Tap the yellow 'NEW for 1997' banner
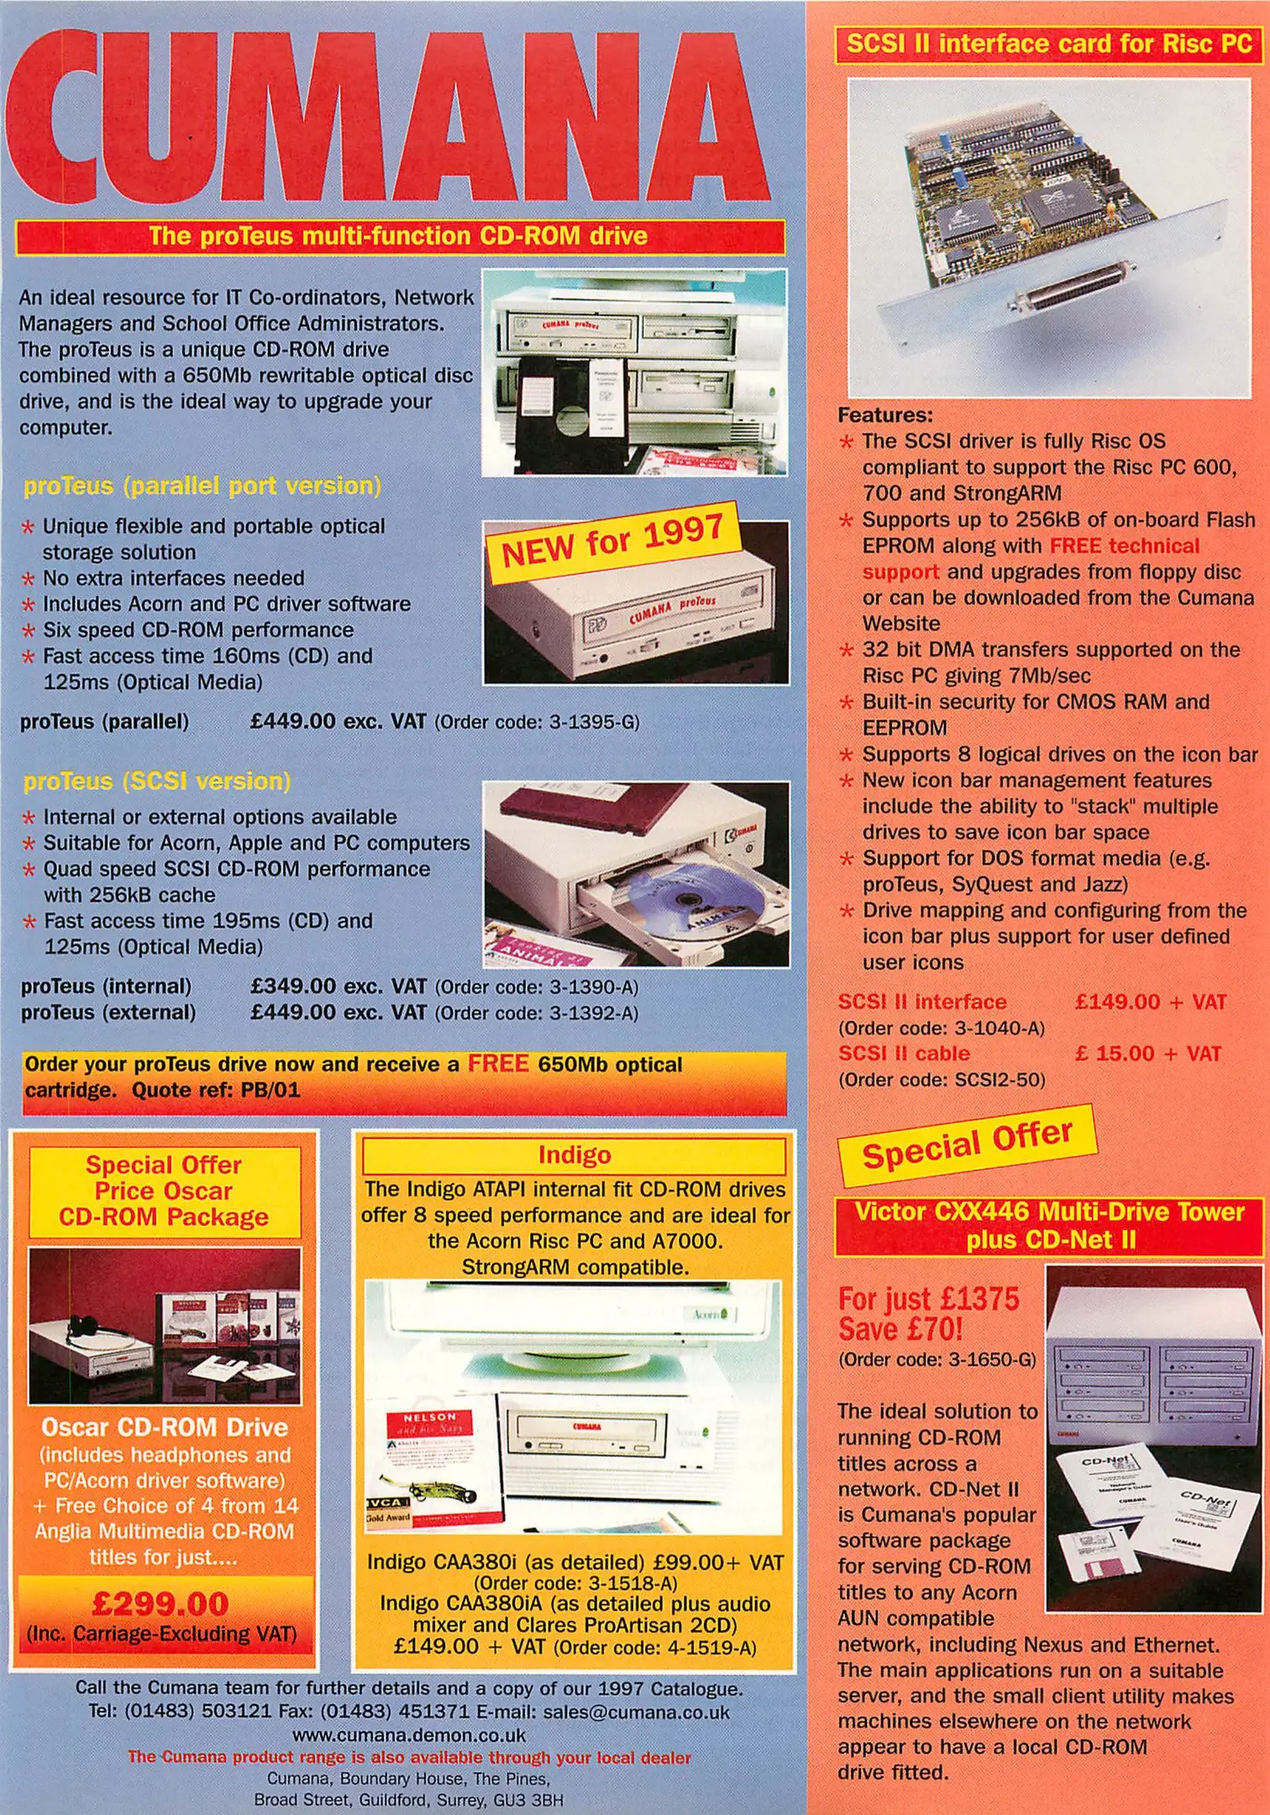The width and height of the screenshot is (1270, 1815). point(613,542)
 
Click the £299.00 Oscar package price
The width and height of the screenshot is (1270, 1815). point(160,1604)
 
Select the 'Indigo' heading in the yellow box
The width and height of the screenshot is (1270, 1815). point(575,1155)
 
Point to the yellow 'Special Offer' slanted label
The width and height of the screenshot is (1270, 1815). point(968,1144)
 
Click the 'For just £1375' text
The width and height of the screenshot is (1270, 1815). point(928,1299)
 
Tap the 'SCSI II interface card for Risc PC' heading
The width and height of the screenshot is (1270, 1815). point(1049,44)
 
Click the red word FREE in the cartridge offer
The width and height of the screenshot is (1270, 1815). point(498,1064)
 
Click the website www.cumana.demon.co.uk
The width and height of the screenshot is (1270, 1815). point(409,1734)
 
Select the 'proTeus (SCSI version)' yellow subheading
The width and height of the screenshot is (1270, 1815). point(157,781)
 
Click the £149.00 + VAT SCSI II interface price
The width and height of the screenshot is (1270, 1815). point(1151,1002)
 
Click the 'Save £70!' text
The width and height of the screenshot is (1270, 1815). point(900,1329)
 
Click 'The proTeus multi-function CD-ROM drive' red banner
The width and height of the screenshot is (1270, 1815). point(400,236)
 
